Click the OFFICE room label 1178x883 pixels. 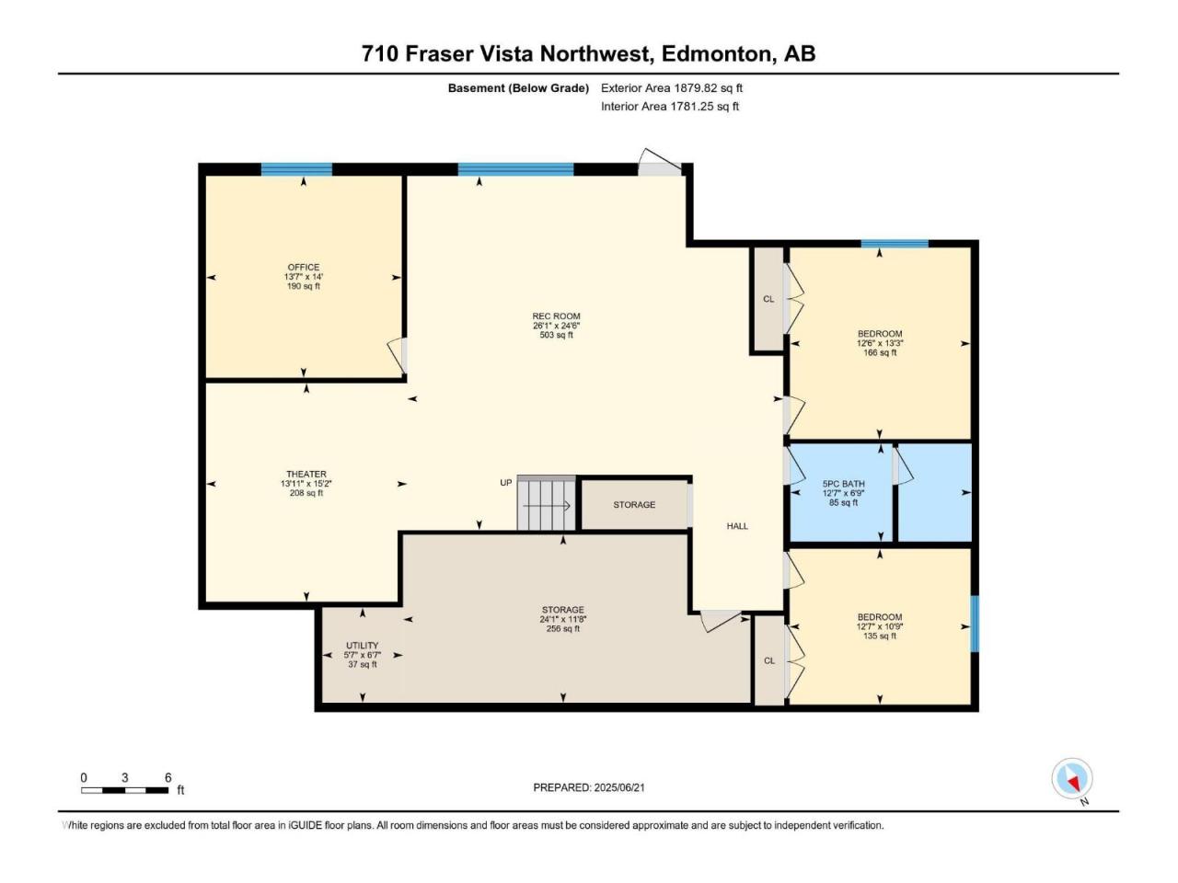(303, 267)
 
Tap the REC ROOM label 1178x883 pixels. (556, 316)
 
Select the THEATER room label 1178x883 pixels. (306, 474)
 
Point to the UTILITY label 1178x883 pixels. (363, 646)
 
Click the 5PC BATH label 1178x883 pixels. (843, 484)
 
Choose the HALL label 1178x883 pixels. (737, 526)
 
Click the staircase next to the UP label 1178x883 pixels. (547, 503)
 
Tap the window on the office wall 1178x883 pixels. (296, 169)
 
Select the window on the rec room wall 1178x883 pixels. (515, 169)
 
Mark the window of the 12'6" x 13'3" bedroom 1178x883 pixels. (895, 244)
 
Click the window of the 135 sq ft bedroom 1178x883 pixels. (975, 624)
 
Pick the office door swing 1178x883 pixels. (397, 355)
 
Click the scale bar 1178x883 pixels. (124, 790)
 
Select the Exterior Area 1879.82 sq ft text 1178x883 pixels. (672, 88)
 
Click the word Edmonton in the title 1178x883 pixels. (717, 54)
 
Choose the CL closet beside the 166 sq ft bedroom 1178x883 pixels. (768, 299)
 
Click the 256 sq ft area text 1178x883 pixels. (562, 628)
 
